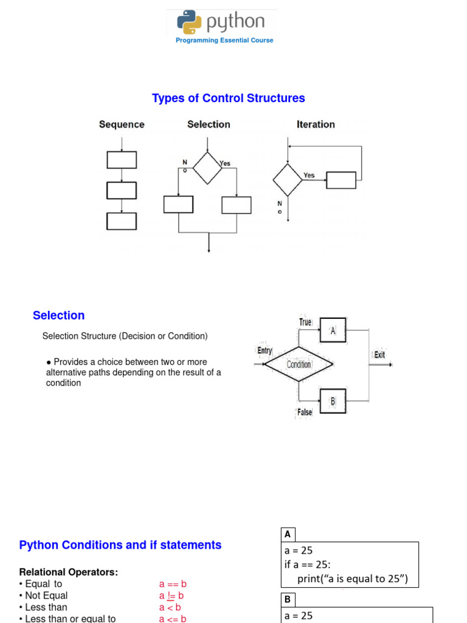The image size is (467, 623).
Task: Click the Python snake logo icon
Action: (x=189, y=23)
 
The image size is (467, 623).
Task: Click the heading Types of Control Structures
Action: (x=228, y=98)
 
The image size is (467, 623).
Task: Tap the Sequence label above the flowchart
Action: (x=122, y=125)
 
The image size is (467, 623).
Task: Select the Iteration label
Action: (x=316, y=125)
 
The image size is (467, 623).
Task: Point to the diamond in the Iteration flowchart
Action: (x=287, y=179)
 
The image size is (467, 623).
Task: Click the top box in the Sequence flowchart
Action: (x=122, y=159)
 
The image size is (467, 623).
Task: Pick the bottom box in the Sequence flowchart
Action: (x=122, y=221)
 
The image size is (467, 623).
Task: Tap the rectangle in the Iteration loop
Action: (x=341, y=180)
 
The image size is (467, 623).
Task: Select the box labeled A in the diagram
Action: (x=333, y=330)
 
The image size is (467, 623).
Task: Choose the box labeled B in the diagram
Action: (x=333, y=401)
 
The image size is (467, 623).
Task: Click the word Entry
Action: (x=265, y=351)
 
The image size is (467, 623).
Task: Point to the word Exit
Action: (x=379, y=355)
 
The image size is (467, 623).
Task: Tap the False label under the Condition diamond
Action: (x=305, y=412)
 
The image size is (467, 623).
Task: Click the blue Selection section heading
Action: (x=58, y=315)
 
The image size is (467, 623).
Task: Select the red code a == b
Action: (x=173, y=584)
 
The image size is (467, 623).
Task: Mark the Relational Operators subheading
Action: (x=69, y=572)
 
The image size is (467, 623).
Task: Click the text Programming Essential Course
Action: (x=224, y=40)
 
